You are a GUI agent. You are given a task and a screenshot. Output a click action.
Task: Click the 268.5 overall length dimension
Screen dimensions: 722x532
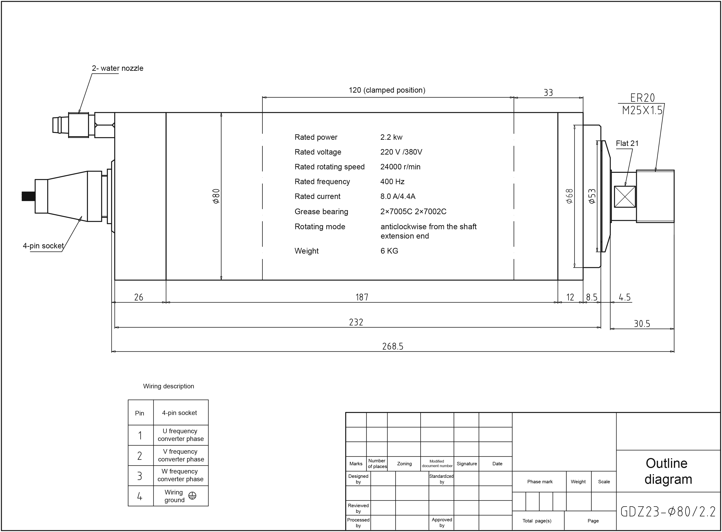393,346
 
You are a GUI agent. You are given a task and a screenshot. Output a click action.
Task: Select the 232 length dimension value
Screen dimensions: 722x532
356,322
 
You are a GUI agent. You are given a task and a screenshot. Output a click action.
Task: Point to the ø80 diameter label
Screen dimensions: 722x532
216,196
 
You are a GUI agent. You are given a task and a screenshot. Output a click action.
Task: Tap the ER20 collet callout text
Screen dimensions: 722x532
643,98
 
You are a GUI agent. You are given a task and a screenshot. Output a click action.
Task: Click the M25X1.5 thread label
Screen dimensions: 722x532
642,110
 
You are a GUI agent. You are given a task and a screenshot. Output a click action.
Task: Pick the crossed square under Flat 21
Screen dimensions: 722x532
625,196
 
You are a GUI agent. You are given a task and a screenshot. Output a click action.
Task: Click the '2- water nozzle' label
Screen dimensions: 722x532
117,68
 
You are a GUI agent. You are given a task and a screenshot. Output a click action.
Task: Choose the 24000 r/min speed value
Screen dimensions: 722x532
400,167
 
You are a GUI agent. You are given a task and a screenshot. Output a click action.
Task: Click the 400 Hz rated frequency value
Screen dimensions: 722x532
392,182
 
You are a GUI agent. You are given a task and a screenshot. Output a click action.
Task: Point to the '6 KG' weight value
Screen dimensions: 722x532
389,251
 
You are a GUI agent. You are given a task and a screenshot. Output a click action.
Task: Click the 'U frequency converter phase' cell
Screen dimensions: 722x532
181,435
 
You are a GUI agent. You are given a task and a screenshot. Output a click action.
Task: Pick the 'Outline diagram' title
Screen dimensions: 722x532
668,471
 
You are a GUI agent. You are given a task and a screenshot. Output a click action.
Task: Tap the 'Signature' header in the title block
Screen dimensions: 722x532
467,464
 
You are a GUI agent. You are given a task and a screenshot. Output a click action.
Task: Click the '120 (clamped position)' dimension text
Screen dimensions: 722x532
387,90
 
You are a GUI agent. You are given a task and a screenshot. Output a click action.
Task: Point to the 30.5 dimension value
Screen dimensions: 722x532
642,324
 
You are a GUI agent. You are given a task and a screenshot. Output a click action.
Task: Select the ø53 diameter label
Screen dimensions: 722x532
592,196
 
